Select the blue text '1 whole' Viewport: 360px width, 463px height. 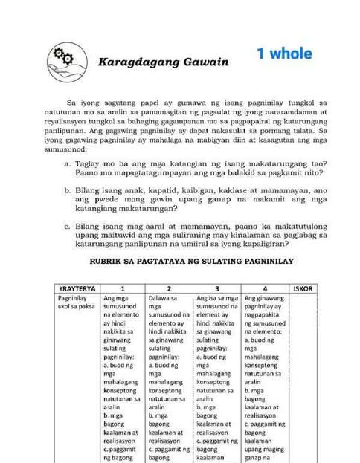284,54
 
